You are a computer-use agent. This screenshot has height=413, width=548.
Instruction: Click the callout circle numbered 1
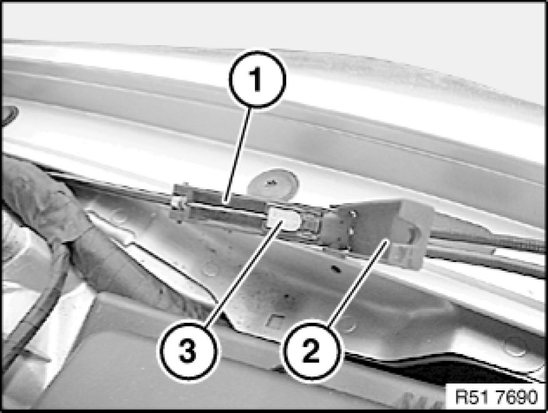pyautogui.click(x=257, y=79)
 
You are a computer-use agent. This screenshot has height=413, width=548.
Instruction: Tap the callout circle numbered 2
pyautogui.click(x=311, y=351)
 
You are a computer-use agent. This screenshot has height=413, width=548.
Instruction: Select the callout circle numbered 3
pyautogui.click(x=188, y=351)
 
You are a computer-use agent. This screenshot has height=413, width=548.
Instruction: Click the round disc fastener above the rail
pyautogui.click(x=273, y=184)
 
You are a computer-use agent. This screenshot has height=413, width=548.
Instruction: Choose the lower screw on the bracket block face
pyautogui.click(x=351, y=231)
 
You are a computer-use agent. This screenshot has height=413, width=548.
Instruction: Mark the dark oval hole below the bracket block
pyautogui.click(x=336, y=269)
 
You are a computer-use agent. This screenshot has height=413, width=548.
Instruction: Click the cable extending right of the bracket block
pyautogui.click(x=489, y=238)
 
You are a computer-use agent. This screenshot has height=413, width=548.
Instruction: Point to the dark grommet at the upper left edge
pyautogui.click(x=9, y=115)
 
